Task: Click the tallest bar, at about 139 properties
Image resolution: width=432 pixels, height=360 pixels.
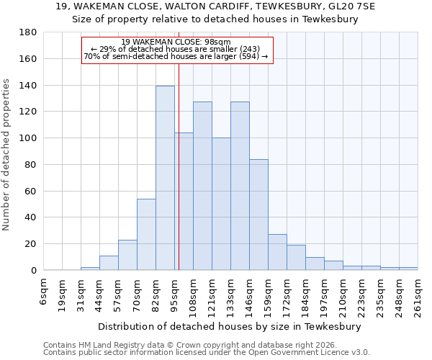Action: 165,178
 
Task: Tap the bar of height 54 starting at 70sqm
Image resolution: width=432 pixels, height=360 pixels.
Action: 146,234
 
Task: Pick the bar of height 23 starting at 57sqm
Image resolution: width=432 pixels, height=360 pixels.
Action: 127,255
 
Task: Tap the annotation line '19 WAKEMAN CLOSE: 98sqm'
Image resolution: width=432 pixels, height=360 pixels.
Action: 176,42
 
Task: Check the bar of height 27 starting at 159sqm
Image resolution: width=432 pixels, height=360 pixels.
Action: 277,252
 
